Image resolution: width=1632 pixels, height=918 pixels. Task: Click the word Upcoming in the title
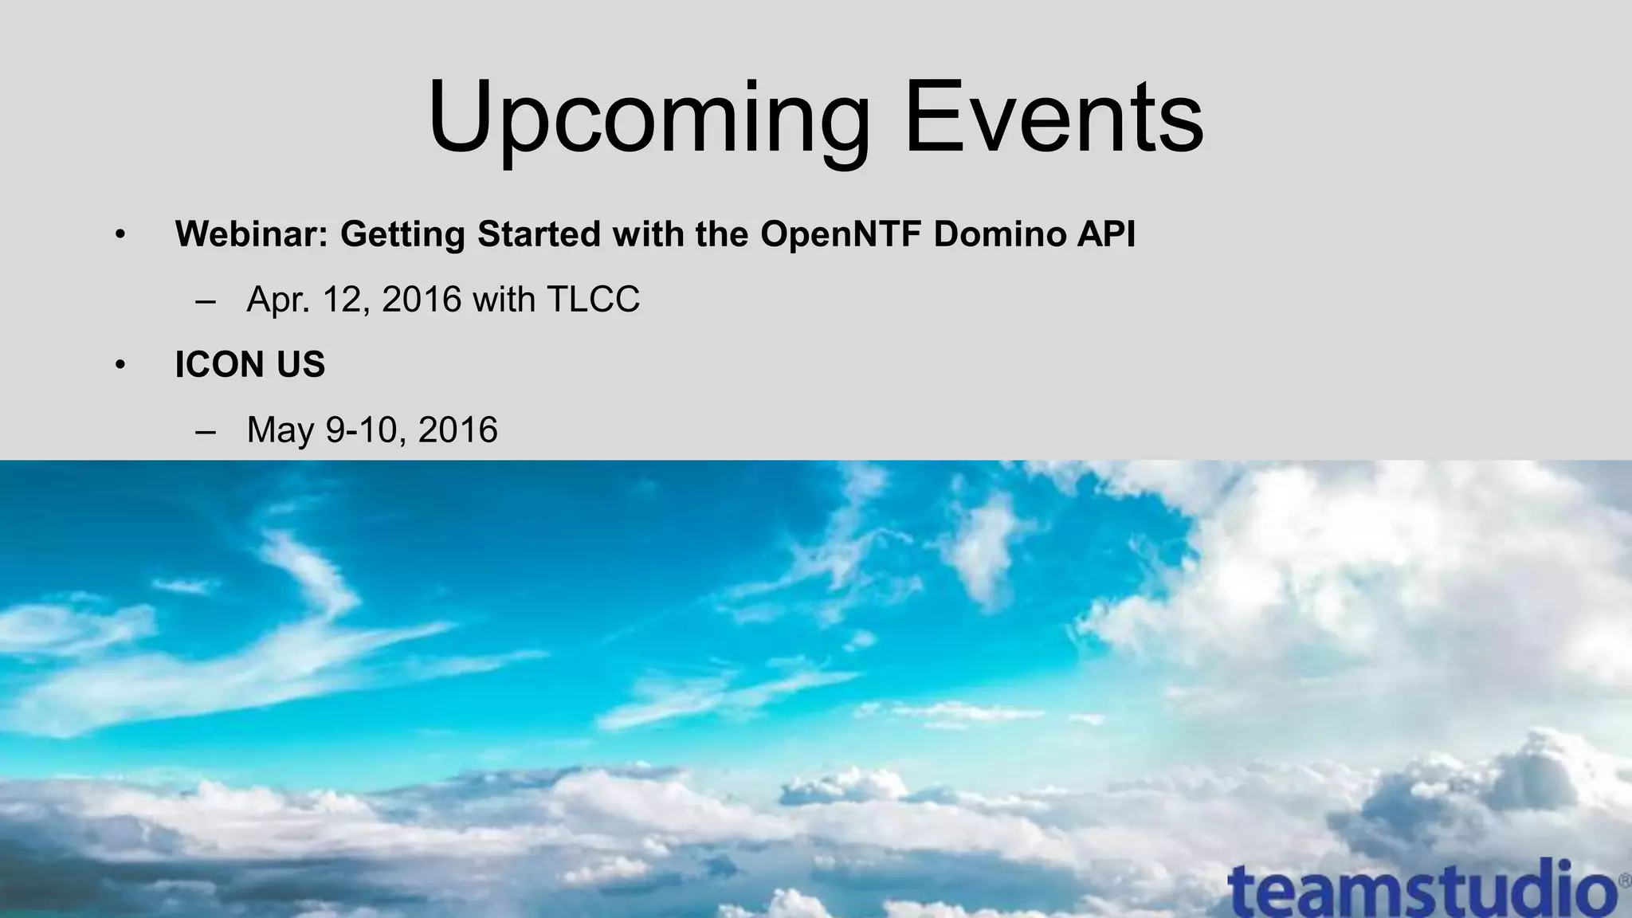(649, 120)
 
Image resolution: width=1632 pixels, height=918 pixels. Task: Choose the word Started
(539, 234)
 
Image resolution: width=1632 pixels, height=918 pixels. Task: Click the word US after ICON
(301, 365)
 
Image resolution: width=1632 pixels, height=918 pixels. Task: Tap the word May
(280, 431)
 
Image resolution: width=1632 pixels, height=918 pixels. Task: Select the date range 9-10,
(367, 431)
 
